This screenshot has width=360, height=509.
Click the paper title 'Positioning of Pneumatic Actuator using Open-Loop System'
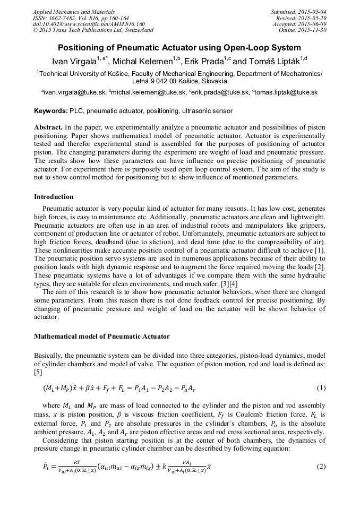(x=179, y=47)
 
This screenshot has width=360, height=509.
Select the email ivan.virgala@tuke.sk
(x=75, y=92)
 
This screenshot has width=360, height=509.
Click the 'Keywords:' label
(x=51, y=111)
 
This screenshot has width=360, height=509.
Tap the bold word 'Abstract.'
(x=48, y=128)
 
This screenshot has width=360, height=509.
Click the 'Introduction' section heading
(x=54, y=197)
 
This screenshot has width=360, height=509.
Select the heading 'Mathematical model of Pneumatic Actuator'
(x=102, y=337)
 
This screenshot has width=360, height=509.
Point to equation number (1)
(x=321, y=388)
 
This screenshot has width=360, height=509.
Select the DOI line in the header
(x=89, y=24)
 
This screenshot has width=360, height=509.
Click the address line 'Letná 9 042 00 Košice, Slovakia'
(x=179, y=81)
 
